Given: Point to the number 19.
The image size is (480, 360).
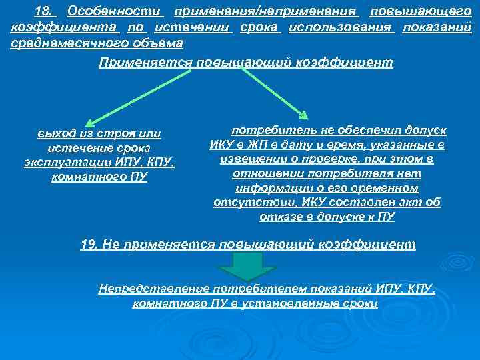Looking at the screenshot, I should (90, 245).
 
